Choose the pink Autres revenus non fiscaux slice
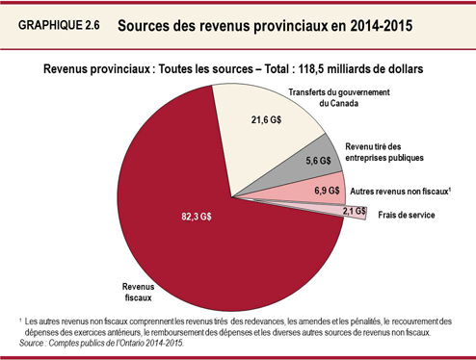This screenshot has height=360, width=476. click(x=308, y=193)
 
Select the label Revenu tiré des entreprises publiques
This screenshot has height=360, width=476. click(x=382, y=151)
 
